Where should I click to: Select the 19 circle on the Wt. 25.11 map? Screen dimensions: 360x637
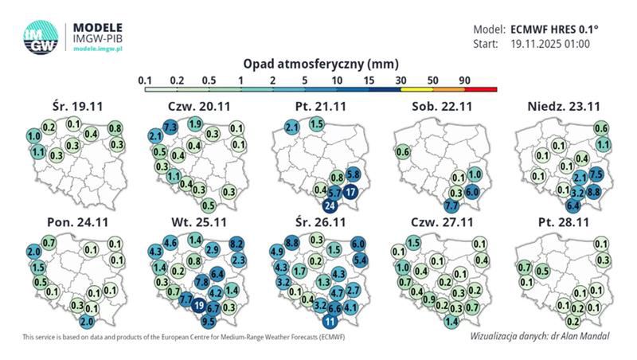click(199, 303)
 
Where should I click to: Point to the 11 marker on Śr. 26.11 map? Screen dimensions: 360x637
click(329, 322)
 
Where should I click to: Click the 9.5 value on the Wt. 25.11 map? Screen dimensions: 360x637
click(209, 322)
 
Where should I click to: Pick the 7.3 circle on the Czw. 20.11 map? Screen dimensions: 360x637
click(169, 127)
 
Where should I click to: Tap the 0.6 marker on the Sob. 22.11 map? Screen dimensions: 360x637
click(402, 152)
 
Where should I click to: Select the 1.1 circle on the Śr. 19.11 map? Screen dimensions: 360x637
click(37, 150)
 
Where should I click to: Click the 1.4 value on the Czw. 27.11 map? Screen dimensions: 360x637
click(451, 321)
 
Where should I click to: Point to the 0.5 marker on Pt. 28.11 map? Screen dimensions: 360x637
click(542, 271)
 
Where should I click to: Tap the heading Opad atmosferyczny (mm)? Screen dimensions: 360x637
click(318, 63)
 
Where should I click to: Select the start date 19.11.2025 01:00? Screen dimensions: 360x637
click(549, 44)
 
